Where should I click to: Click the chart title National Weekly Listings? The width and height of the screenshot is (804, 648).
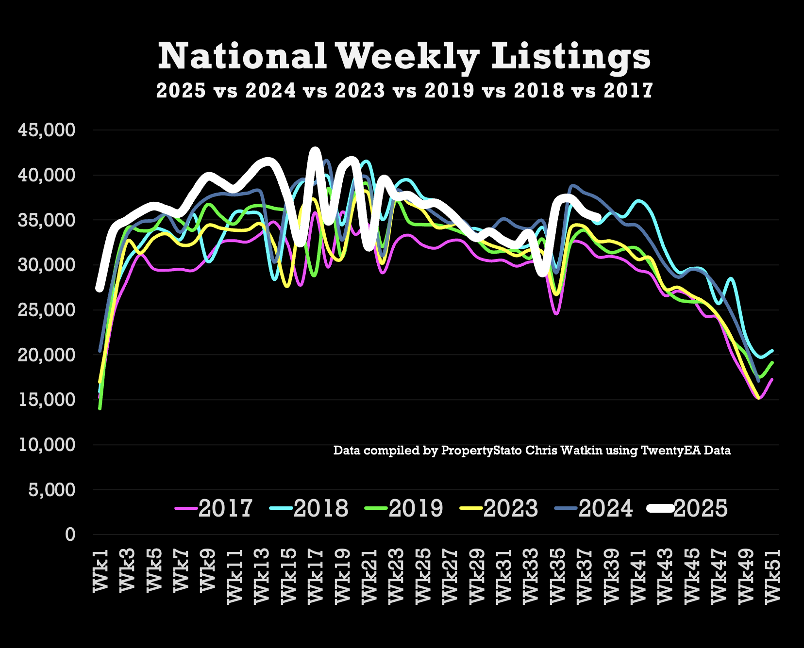[x=404, y=57]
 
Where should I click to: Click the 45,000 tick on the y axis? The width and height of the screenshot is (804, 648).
[x=47, y=130]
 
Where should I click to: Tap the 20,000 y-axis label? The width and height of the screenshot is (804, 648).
[x=47, y=355]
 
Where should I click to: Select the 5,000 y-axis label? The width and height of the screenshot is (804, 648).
[x=51, y=490]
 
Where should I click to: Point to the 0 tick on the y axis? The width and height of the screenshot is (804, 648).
[x=70, y=535]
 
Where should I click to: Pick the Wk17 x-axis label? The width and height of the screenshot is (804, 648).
[x=316, y=576]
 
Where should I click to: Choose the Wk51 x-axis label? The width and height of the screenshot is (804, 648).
[x=772, y=576]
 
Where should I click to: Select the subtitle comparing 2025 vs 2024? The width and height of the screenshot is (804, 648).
[x=404, y=91]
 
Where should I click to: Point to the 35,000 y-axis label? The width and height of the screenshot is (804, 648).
[x=47, y=220]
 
